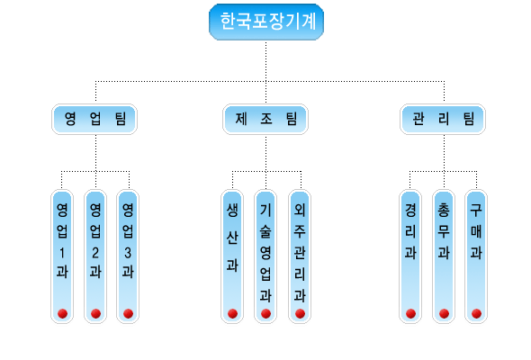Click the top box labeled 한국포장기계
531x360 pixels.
(x=266, y=22)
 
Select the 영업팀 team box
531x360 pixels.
(x=94, y=119)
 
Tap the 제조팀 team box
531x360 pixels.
(x=265, y=119)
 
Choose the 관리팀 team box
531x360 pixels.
(x=443, y=119)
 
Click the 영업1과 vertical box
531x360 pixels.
(x=62, y=256)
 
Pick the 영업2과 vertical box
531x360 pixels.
(x=95, y=256)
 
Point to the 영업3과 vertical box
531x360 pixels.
(x=128, y=256)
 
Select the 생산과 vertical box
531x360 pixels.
(x=232, y=256)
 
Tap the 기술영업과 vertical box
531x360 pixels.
(x=265, y=256)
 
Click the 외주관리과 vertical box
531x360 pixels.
(x=300, y=256)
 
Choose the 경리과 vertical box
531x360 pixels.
(x=410, y=256)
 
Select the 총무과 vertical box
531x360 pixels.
(x=444, y=256)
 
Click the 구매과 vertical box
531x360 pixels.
(x=476, y=256)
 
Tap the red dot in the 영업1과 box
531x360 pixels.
(x=62, y=314)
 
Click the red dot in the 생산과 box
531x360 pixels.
(x=233, y=314)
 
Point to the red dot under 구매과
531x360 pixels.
(x=476, y=314)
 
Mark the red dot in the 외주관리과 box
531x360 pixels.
(x=300, y=314)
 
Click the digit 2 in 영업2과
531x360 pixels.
(x=95, y=253)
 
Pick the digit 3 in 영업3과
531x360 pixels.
(x=128, y=253)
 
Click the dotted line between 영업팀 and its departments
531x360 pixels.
(x=95, y=153)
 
